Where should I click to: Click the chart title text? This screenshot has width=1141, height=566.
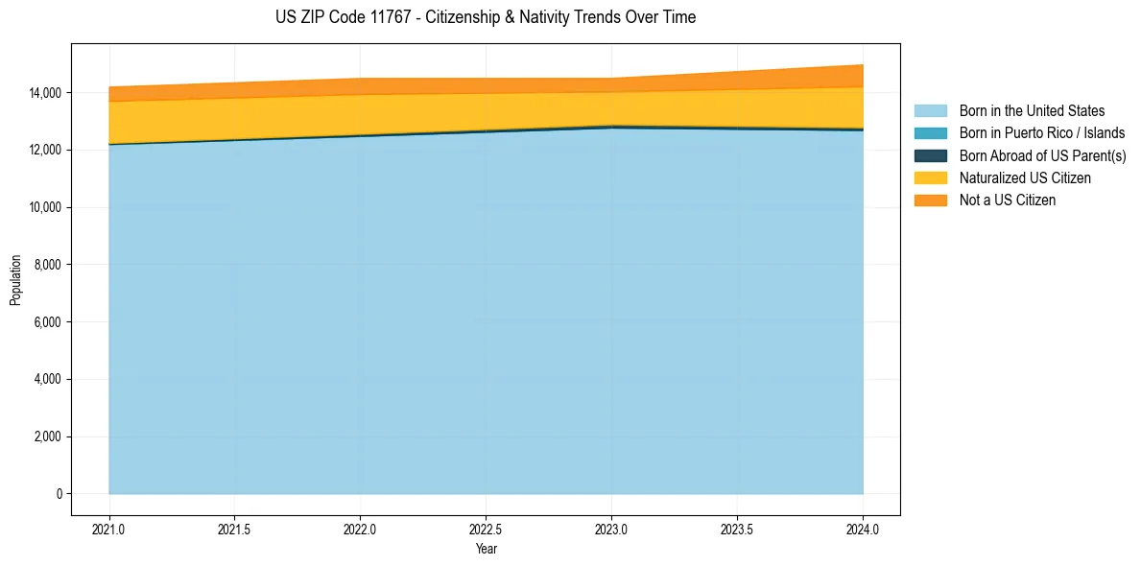tap(486, 17)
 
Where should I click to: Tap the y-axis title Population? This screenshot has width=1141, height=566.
tap(15, 280)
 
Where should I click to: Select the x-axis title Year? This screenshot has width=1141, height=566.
tap(486, 550)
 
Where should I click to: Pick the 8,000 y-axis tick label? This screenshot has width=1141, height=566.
tap(47, 265)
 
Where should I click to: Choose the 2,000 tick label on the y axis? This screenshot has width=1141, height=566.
tap(47, 437)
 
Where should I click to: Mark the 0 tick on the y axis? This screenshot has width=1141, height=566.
tap(59, 494)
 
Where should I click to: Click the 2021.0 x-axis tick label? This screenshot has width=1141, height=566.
tap(109, 529)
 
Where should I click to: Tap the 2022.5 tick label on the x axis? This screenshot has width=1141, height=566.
tap(486, 529)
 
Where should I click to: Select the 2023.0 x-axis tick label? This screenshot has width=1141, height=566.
tap(611, 529)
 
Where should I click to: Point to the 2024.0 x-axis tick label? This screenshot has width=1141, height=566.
tap(863, 529)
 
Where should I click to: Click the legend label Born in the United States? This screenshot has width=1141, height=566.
tap(1032, 111)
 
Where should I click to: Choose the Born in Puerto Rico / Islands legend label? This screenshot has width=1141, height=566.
tap(1042, 133)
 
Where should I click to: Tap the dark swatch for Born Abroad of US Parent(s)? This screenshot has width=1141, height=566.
tap(930, 155)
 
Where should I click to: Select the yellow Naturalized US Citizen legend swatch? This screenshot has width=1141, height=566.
tap(930, 178)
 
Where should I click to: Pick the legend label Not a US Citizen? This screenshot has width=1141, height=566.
tap(1008, 200)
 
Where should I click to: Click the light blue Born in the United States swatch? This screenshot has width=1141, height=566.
tap(930, 111)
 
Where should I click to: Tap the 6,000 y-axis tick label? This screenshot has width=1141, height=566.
tap(47, 322)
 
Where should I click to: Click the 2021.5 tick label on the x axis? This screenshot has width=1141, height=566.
tap(235, 529)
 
